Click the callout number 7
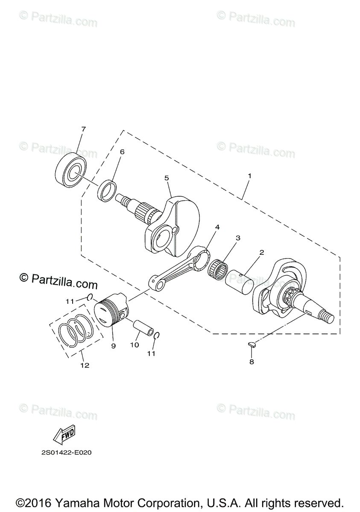(x=84, y=129)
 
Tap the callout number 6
(x=122, y=152)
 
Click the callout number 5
(x=167, y=178)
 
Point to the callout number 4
(x=217, y=227)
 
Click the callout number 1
(x=250, y=175)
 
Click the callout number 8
(x=251, y=362)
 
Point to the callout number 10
(x=135, y=345)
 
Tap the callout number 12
(x=85, y=365)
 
